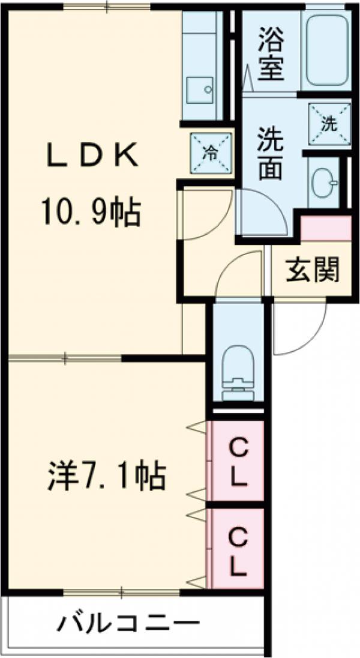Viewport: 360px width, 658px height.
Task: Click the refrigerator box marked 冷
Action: pyautogui.click(x=211, y=152)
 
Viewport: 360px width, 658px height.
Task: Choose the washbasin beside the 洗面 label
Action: pyautogui.click(x=324, y=180)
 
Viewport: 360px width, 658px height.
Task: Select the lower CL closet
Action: pyautogui.click(x=238, y=549)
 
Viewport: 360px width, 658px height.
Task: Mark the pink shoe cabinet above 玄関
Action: pyautogui.click(x=326, y=229)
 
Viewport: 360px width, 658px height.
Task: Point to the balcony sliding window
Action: pyautogui.click(x=123, y=593)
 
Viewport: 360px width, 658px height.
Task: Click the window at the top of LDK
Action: pyautogui.click(x=107, y=8)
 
